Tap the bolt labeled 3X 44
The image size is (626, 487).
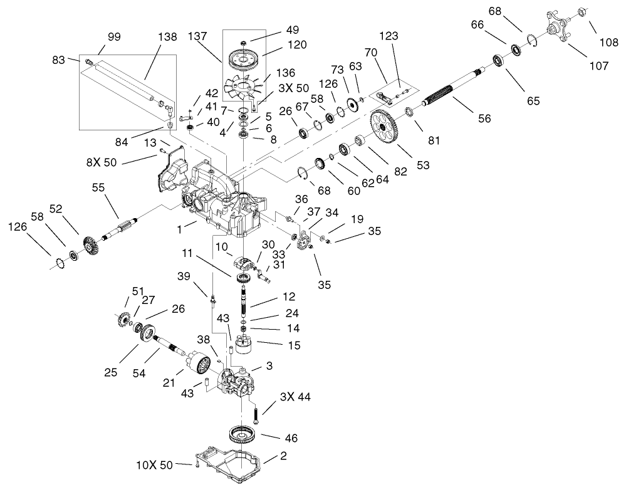point(256,414)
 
